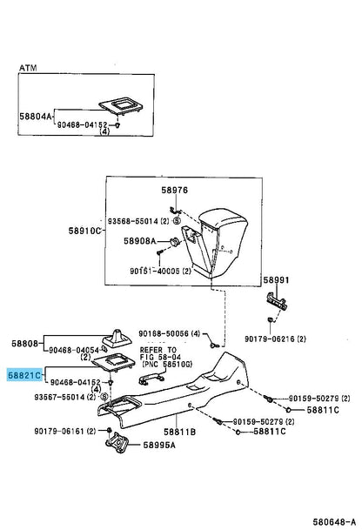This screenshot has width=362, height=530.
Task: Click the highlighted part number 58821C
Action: click(24, 375)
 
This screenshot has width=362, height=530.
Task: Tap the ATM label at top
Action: click(30, 67)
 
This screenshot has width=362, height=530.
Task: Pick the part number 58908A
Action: click(141, 241)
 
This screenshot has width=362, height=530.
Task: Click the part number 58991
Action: click(276, 280)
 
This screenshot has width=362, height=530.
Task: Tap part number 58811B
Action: click(180, 431)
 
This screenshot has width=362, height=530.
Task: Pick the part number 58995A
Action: click(159, 445)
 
